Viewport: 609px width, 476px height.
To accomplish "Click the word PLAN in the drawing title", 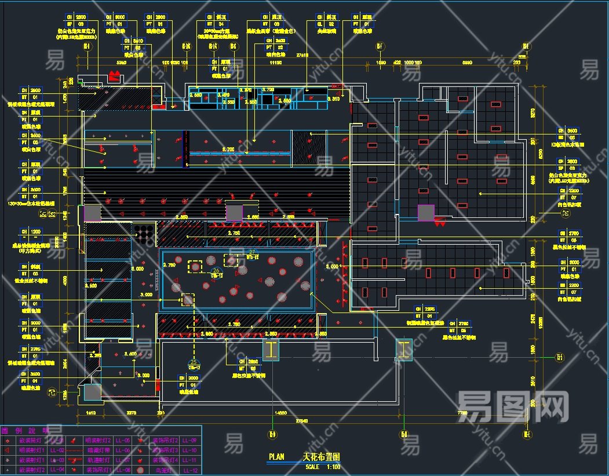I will point(276,457).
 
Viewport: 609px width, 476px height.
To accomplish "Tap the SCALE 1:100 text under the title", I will point(320,467).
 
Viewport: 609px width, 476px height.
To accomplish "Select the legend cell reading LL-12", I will point(190,470).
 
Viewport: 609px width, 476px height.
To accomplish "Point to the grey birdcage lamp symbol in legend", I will point(140,470).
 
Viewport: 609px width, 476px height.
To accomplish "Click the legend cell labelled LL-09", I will point(190,440).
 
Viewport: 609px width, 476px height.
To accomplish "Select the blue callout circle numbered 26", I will point(216,270).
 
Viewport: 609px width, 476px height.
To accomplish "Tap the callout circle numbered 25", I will point(194,362).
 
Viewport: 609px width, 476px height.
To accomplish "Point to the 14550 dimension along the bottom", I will point(280,413).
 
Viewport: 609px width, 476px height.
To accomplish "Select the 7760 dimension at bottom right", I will point(462,413).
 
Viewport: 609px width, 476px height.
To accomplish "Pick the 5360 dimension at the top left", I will point(122,61).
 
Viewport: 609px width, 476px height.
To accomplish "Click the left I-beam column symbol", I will point(271,349).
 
